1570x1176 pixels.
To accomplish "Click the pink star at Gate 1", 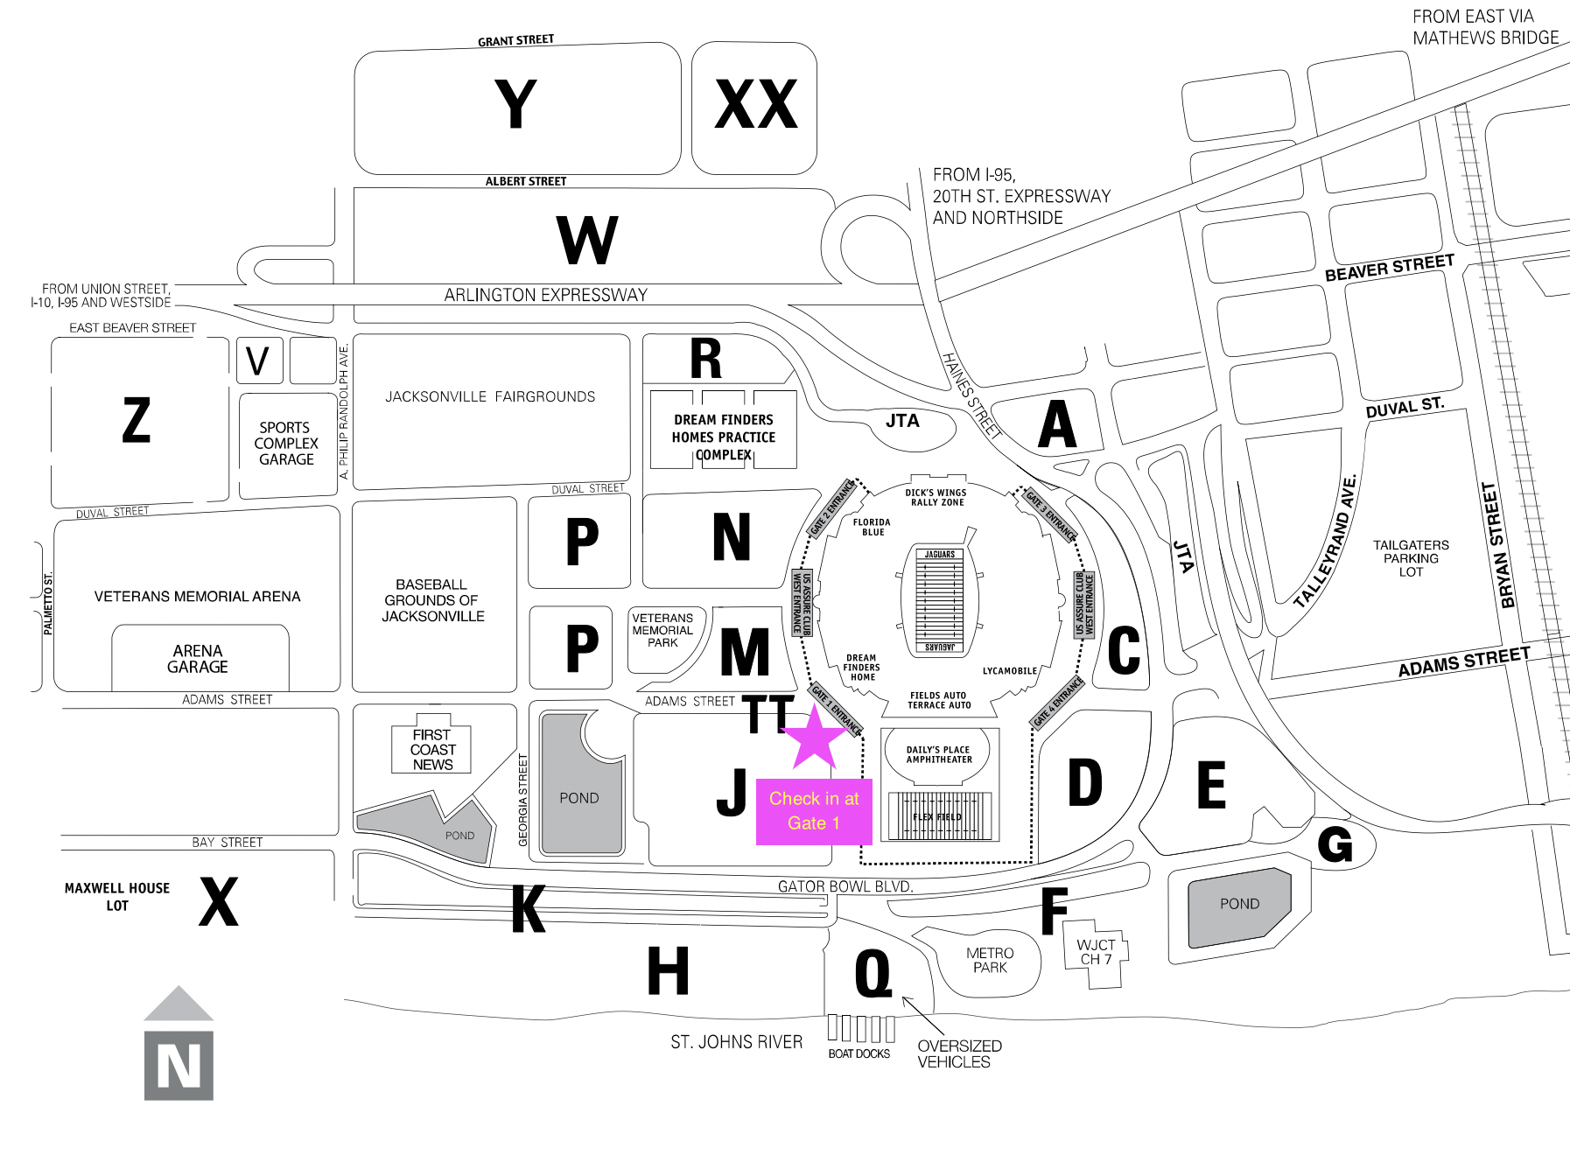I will (x=814, y=737).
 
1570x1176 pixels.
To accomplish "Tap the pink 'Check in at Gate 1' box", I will (x=814, y=811).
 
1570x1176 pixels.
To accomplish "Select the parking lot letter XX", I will (x=756, y=105).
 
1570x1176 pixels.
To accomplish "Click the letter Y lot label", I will (x=515, y=105).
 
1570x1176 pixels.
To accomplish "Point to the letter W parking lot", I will (x=587, y=240).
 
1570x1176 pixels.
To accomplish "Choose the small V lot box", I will (x=258, y=360).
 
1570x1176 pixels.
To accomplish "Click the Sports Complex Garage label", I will (x=286, y=444).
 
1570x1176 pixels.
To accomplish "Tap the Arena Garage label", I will (x=199, y=659).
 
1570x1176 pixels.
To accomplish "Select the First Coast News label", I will (x=432, y=750).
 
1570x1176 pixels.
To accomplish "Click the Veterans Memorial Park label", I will (x=662, y=630).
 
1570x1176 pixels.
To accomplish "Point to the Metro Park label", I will (x=990, y=960).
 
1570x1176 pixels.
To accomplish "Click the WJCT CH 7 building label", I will (x=1096, y=952).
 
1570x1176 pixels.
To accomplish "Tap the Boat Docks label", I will (x=859, y=1053).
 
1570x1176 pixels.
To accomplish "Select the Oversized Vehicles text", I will (x=959, y=1053).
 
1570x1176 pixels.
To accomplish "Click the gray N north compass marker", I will (x=179, y=1064).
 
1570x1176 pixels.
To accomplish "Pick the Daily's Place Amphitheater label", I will (x=939, y=754).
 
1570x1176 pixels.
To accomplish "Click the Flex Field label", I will (x=937, y=817).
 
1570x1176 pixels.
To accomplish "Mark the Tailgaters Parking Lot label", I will (x=1411, y=558).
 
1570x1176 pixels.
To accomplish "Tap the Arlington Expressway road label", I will (x=545, y=295).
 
